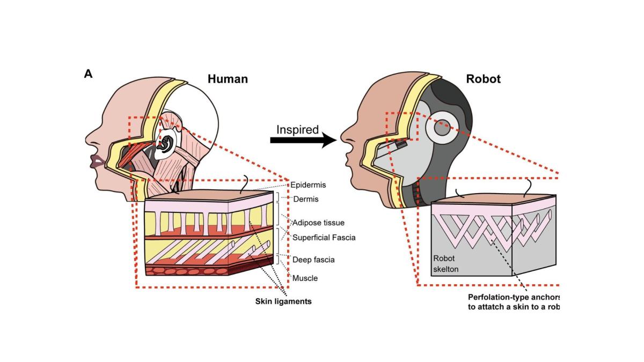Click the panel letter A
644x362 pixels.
click(89, 74)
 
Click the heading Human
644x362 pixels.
click(228, 79)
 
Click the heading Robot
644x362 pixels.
click(483, 79)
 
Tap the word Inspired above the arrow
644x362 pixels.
click(297, 130)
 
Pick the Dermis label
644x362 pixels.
click(306, 199)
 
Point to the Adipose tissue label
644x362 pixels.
click(318, 222)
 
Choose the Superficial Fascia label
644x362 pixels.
click(324, 237)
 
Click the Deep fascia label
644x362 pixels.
click(313, 260)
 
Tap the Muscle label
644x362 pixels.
click(305, 278)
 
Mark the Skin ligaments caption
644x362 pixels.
click(283, 301)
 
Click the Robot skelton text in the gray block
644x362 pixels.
click(445, 263)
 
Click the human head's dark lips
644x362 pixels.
click(98, 161)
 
